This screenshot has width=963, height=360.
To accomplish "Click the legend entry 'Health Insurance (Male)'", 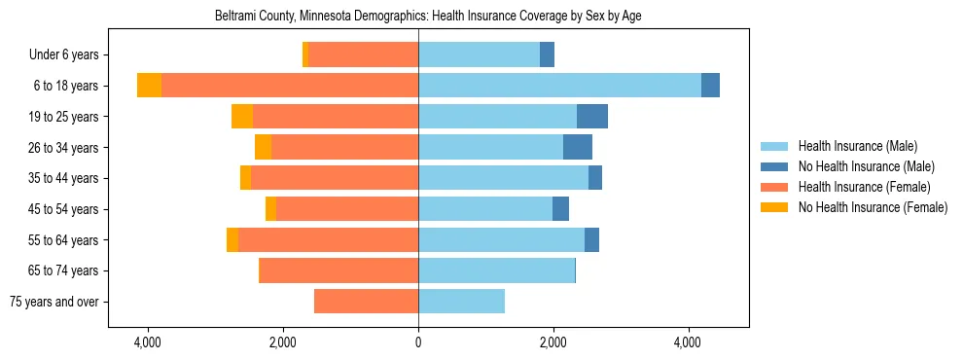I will [857, 146].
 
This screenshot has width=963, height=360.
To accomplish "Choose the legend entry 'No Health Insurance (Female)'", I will [873, 207].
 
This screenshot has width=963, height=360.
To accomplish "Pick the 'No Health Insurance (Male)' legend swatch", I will [775, 166].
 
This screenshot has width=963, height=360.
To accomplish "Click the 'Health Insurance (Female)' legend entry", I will [864, 187].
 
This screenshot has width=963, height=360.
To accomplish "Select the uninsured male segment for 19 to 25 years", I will [592, 117].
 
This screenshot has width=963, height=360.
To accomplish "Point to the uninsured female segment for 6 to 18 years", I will [149, 86].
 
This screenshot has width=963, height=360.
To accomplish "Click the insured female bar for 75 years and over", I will [366, 302].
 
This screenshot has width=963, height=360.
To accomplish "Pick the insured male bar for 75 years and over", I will [461, 302].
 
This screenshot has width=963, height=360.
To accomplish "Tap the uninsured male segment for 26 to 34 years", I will [578, 148].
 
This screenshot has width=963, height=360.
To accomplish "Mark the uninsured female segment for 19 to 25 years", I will [242, 117].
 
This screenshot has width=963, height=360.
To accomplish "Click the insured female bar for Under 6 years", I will [363, 55].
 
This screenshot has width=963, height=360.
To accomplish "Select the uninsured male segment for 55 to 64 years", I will [591, 240].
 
